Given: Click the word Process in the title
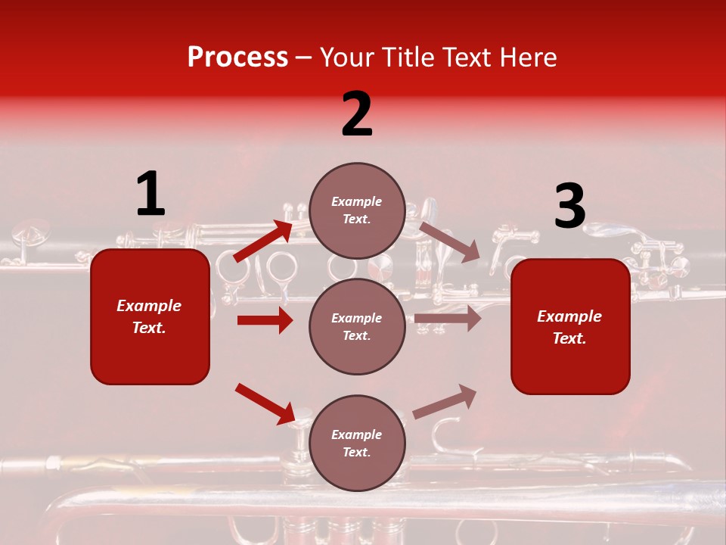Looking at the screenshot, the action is point(237,58).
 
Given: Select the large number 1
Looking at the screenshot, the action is point(150,195).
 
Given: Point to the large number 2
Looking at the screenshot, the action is point(357,114).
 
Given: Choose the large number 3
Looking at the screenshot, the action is point(569,207).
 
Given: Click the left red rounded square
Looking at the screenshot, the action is point(150,316).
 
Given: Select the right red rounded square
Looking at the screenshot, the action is point(570,326).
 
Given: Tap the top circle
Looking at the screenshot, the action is point(357,210).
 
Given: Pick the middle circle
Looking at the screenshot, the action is point(357,326).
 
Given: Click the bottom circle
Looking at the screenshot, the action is point(357,443).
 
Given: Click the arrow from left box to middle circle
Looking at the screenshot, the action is point(265,320).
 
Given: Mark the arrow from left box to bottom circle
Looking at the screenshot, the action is point(265,403).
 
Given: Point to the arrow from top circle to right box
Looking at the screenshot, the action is point(449,241).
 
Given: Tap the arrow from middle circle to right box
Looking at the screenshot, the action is point(448,319).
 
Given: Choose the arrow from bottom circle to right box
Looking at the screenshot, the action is point(445,401).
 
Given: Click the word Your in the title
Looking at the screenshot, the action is point(349,58).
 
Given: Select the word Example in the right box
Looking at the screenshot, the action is point(569,316).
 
